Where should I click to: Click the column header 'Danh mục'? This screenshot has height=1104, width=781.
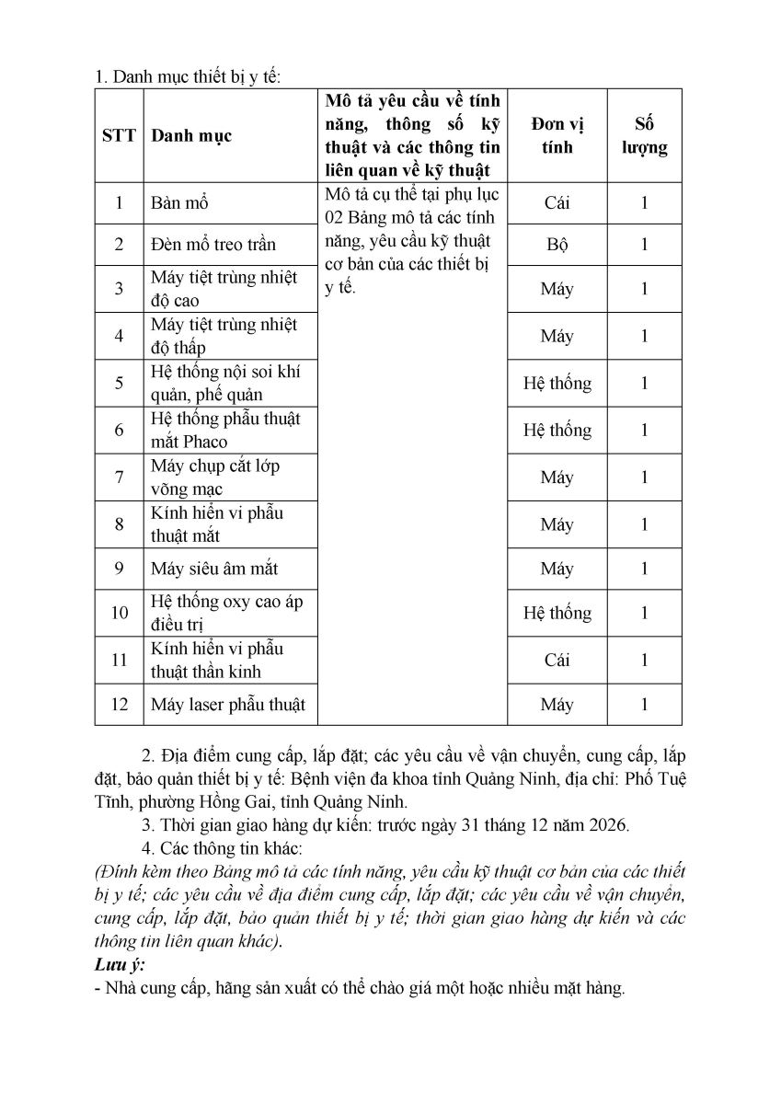191,136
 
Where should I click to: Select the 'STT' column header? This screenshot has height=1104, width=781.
119,136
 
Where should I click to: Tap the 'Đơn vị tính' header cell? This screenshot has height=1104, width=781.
557,136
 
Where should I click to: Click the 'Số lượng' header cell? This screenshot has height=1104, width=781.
644,136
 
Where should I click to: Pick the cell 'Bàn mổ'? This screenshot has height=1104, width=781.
180,203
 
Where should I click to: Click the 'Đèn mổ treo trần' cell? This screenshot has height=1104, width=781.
213,245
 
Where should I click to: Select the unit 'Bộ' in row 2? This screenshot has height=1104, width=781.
557,245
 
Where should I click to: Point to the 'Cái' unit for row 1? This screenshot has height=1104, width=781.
557,203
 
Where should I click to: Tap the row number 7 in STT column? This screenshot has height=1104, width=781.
119,477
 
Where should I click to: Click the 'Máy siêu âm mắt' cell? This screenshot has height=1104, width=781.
214,569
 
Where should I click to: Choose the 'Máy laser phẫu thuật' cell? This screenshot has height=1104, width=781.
228,705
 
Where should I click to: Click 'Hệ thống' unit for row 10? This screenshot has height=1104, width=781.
557,613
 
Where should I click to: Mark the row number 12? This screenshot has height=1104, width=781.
119,705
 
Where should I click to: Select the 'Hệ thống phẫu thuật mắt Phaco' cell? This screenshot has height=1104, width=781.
226,430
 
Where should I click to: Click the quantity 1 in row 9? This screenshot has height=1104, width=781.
644,569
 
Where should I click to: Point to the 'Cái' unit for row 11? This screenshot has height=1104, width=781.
557,660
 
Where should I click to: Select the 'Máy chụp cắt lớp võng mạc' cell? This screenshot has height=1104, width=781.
216,477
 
